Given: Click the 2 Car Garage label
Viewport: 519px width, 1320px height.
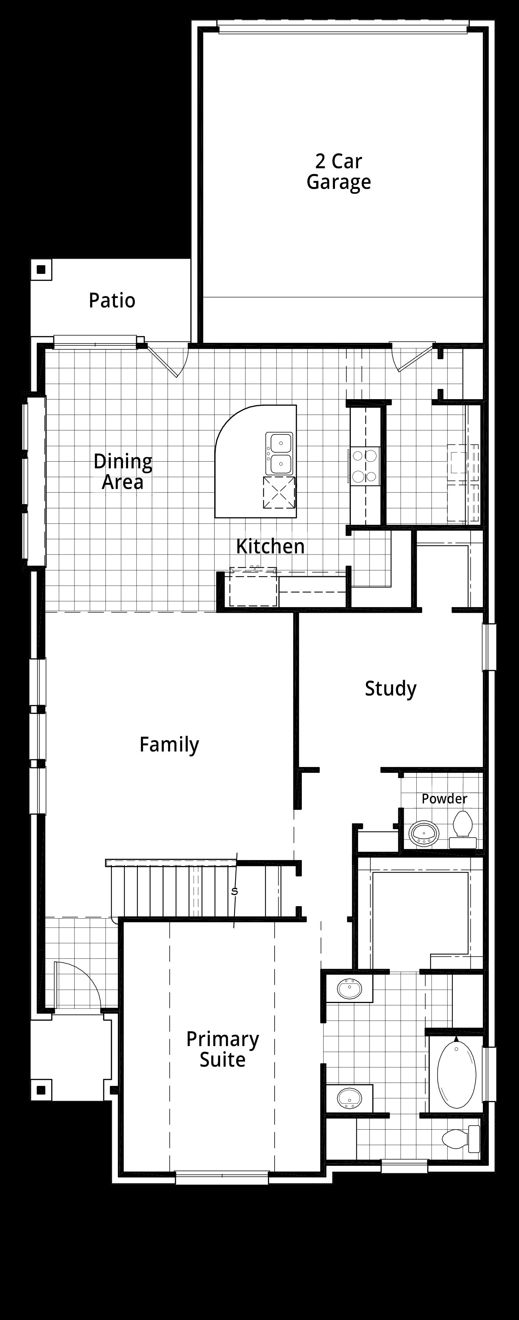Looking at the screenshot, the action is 339,172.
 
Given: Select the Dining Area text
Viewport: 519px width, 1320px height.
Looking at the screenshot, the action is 123,471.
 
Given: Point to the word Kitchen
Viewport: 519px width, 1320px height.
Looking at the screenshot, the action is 270,546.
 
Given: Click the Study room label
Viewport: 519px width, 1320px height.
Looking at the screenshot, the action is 391,689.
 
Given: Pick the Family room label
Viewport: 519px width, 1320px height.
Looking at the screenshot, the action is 169,745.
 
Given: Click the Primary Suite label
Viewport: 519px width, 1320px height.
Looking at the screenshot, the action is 222,1049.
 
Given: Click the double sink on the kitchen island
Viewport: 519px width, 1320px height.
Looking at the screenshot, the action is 279,453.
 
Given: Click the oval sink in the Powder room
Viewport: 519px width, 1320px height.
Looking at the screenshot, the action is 424,833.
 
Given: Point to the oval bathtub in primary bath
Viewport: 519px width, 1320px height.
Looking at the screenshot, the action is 456,1074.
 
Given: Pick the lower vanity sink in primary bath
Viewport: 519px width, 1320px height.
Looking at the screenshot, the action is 349,1098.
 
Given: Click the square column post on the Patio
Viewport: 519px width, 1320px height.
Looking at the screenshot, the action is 42,270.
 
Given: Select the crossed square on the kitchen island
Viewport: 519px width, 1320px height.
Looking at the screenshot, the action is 280,492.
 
